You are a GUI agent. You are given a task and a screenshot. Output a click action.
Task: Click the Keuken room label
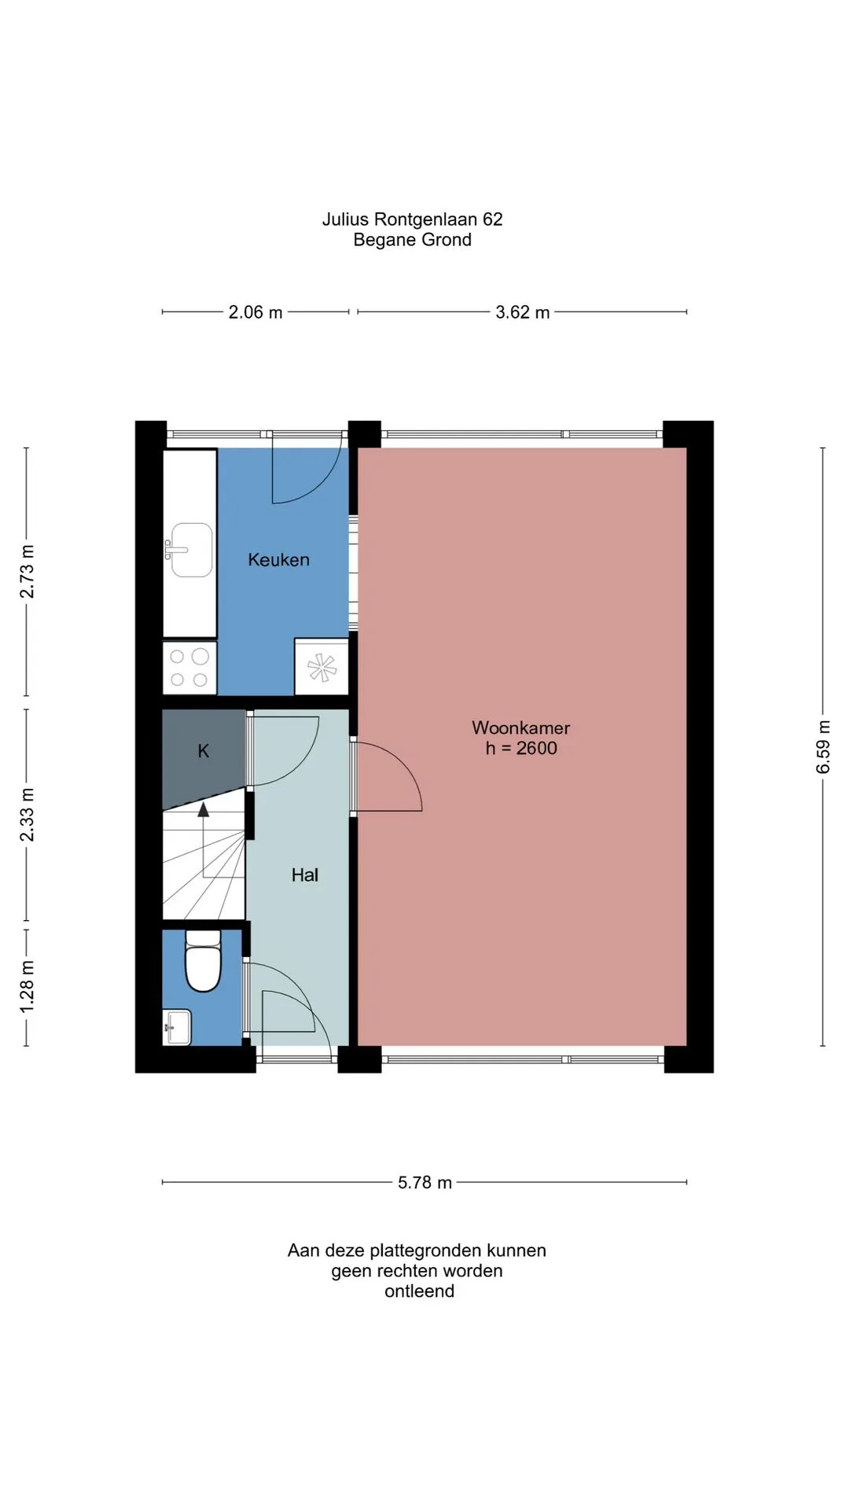278,560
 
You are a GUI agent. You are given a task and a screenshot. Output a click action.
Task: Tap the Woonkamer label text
520,728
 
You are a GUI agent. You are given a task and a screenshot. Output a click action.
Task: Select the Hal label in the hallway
305,875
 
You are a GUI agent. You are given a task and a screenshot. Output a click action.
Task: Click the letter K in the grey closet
204,751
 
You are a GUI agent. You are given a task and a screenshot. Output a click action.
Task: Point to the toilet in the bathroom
203,960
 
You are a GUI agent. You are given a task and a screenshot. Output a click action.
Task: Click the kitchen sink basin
192,550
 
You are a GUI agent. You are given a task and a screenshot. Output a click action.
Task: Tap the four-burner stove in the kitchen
189,668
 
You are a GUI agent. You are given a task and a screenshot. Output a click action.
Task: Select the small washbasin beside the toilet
177,1027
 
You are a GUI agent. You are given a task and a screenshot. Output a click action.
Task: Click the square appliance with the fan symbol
322,667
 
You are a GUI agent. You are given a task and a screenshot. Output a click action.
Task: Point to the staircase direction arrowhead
204,809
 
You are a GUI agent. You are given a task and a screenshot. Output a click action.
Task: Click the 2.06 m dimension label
255,312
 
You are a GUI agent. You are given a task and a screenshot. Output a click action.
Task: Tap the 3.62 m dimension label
523,312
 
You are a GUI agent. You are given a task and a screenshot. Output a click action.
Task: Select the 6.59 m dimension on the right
823,746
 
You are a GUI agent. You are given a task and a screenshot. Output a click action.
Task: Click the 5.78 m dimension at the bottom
425,1182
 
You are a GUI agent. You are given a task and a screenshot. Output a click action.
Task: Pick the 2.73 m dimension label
27,571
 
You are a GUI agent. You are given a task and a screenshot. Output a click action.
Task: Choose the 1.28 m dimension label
27,986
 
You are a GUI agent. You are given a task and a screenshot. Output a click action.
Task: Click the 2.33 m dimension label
27,814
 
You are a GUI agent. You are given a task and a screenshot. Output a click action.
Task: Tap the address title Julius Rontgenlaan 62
412,219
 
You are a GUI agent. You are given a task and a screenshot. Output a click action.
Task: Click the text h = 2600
521,748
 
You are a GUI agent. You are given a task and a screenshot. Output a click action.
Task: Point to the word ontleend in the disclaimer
419,1291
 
